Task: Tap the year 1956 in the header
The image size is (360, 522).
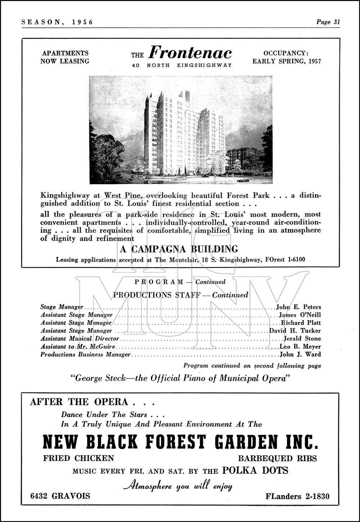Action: pyautogui.click(x=82, y=22)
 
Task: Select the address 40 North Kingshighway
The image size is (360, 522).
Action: pyautogui.click(x=182, y=65)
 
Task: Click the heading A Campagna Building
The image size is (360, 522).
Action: pyautogui.click(x=179, y=249)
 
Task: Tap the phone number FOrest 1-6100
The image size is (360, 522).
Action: pyautogui.click(x=291, y=260)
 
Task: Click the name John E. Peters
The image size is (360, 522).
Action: pyautogui.click(x=298, y=307)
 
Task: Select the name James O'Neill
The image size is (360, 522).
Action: pyautogui.click(x=300, y=315)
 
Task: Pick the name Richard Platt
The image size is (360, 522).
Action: pyautogui.click(x=301, y=323)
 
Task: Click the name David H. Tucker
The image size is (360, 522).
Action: pyautogui.click(x=295, y=331)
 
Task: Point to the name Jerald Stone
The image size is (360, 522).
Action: pyautogui.click(x=302, y=339)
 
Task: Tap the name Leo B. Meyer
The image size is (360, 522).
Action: pyautogui.click(x=300, y=347)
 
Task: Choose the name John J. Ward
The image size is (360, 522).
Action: pyautogui.click(x=300, y=355)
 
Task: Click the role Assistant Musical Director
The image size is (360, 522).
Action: pyautogui.click(x=80, y=339)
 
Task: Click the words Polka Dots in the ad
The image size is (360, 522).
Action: pyautogui.click(x=255, y=471)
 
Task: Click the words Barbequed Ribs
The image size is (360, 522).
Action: pyautogui.click(x=277, y=458)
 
